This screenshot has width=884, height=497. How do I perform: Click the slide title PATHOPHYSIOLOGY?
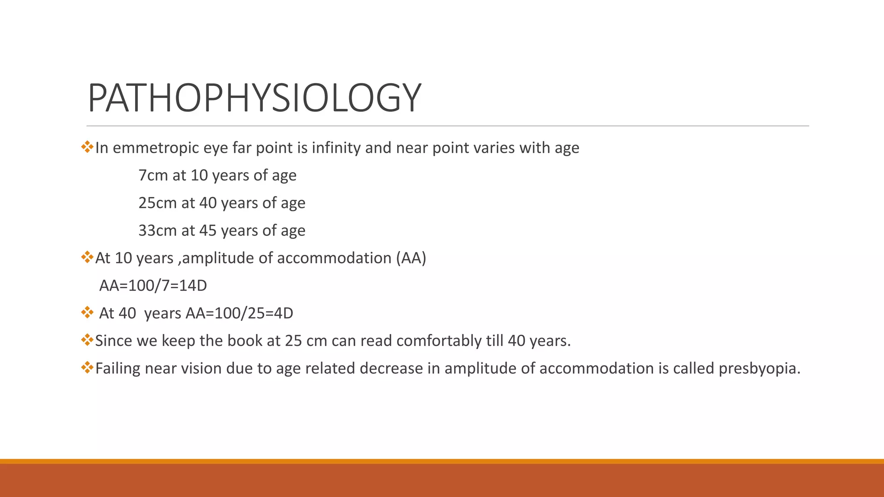254,98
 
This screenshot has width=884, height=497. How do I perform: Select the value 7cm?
153,176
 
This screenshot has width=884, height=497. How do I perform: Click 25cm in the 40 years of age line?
158,203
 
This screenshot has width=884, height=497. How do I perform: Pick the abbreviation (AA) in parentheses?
410,258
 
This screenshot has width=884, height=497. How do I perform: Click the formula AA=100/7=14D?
153,286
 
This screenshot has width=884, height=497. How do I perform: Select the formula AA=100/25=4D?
239,313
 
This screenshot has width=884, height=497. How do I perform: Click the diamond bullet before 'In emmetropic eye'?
87,147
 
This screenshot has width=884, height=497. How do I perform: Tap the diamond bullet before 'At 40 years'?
87,312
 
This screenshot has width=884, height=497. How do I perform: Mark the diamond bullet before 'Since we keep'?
87,340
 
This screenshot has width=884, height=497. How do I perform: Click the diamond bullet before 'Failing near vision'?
87,368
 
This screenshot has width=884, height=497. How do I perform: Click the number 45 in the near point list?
208,231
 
